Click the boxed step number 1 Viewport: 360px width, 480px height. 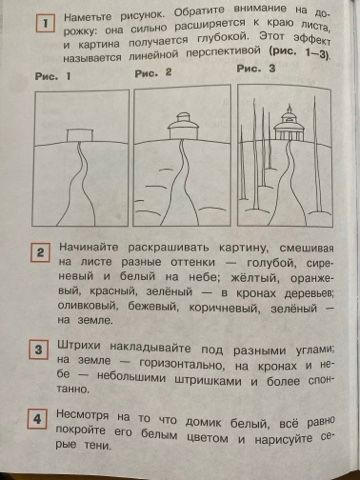click(45, 23)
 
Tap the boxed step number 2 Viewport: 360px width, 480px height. click(40, 252)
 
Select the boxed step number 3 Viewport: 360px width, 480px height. click(38, 350)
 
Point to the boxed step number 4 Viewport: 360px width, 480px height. click(37, 419)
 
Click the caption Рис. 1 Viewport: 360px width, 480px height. click(53, 76)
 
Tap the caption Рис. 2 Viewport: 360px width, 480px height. click(153, 73)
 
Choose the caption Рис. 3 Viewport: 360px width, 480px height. click(256, 69)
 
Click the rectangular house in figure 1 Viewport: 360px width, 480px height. click(80, 136)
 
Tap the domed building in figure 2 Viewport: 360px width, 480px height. click(183, 126)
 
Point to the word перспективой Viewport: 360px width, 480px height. click(223, 52)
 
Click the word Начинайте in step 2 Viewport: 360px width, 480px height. click(89, 247)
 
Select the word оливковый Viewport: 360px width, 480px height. click(88, 305)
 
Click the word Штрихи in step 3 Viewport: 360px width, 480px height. click(79, 345)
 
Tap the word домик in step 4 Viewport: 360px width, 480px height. click(203, 423)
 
